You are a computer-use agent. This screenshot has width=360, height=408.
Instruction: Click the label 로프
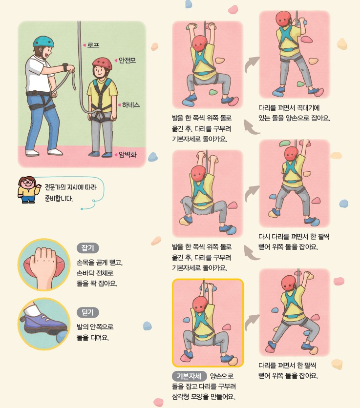pos(93,45)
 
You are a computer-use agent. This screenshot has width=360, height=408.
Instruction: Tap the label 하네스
pos(131,105)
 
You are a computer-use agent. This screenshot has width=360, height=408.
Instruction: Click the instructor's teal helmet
pos(43,41)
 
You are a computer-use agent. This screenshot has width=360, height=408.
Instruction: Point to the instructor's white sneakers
pos(44,152)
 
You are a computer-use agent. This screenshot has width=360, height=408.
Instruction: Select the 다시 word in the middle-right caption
pos(265,236)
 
